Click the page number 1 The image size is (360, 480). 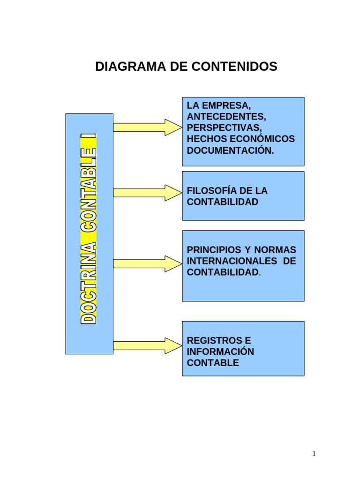point(314,453)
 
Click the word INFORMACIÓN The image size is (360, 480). point(220,352)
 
